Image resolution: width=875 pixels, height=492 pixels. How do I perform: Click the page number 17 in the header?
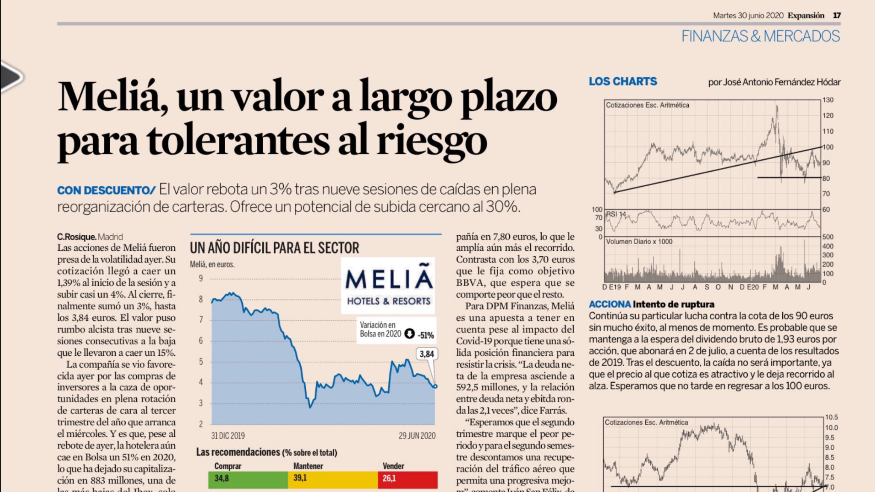pos(837,15)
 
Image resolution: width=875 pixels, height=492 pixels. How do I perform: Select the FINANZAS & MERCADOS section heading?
pos(760,36)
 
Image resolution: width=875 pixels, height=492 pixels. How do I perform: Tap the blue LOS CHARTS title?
pos(622,82)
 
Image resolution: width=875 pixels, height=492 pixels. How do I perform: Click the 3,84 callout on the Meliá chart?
pos(426,354)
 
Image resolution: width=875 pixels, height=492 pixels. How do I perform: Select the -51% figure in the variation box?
pos(426,335)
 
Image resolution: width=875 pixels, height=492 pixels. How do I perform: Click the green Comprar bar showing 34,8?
pos(248,479)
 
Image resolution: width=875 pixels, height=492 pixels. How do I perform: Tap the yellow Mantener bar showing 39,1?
pos(332,479)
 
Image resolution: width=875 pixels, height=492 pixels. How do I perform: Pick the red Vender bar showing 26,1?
pos(408,479)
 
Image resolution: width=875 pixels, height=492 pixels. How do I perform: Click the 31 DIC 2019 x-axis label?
pos(228,436)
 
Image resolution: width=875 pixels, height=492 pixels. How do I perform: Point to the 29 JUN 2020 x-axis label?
pos(417,436)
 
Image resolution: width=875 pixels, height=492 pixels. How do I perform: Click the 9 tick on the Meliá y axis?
pos(201,278)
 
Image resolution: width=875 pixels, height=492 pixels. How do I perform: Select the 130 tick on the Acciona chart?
pos(828,100)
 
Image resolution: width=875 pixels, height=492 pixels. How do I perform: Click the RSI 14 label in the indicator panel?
pos(616,214)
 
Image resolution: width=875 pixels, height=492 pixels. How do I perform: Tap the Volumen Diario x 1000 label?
pos(639,242)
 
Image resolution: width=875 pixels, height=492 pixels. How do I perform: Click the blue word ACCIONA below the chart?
pos(609,304)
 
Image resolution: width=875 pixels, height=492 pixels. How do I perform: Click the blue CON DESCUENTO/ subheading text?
pos(106,190)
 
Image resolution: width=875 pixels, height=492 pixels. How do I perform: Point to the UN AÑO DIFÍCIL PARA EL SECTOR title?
pos(274,248)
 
